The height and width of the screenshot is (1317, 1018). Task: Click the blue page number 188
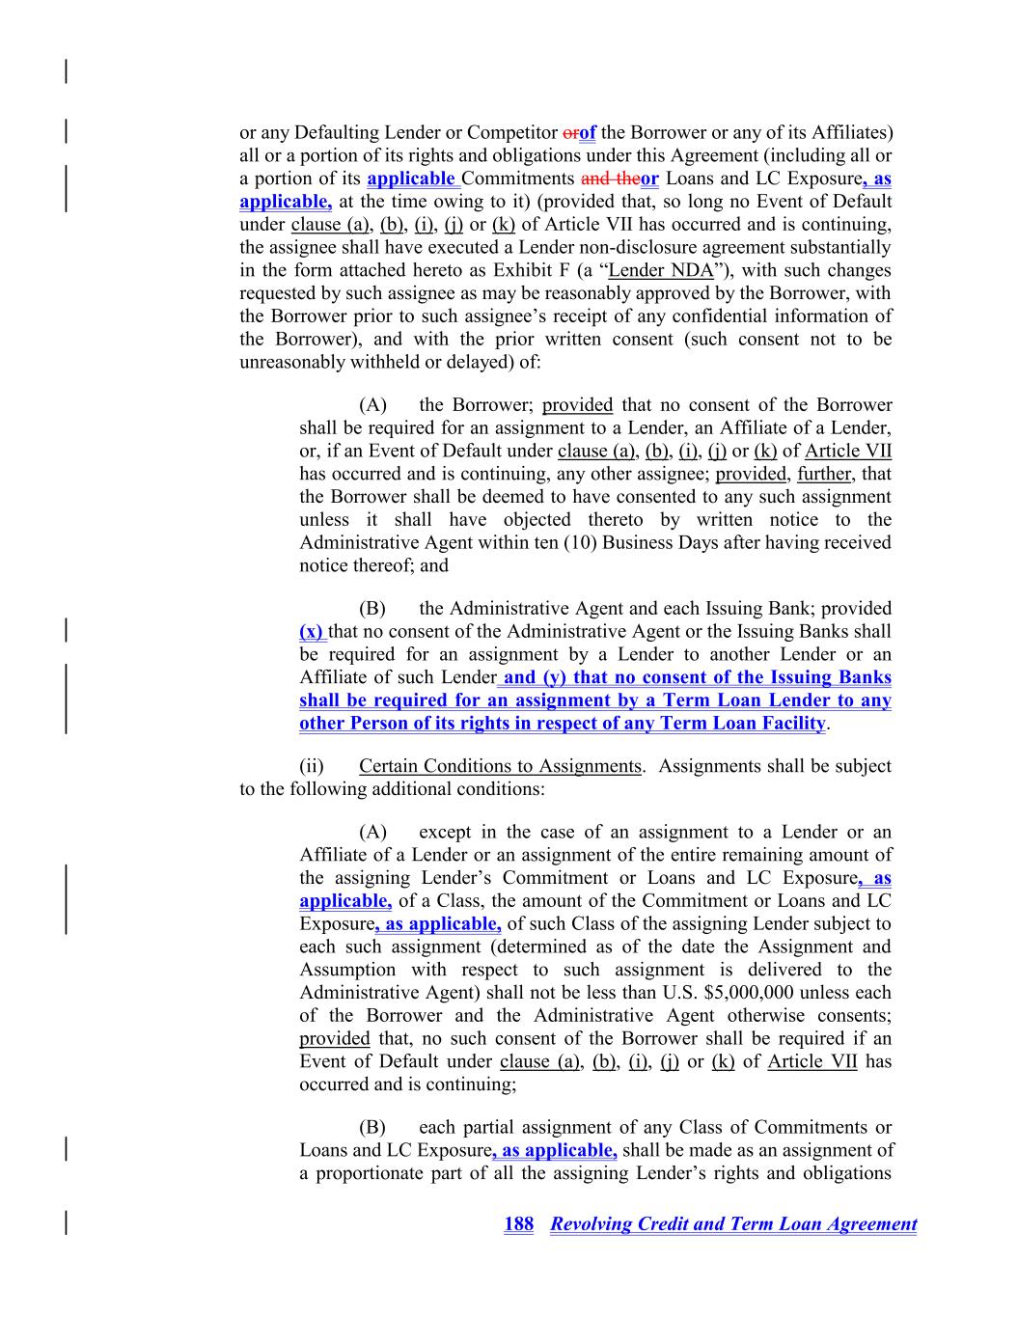518,1224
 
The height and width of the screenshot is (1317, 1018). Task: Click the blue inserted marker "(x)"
312,632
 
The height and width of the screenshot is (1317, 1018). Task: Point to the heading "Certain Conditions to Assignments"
500,766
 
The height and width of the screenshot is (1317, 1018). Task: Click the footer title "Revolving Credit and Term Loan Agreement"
733,1224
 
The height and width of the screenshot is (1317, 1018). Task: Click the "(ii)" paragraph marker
312,766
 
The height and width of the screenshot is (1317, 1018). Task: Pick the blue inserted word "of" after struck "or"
588,132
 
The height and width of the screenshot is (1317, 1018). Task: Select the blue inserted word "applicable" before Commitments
410,178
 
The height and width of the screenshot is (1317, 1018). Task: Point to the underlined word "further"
824,474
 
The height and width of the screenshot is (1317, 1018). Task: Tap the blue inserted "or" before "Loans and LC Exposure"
649,178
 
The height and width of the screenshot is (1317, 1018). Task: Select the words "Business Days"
656,542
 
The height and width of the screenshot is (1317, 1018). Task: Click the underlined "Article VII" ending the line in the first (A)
848,451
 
